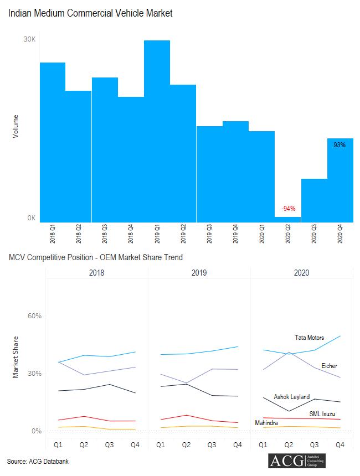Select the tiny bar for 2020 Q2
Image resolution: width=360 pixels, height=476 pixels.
pyautogui.click(x=287, y=219)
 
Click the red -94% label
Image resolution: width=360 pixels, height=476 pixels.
pyautogui.click(x=288, y=209)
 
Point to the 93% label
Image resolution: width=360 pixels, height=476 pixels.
pyautogui.click(x=340, y=145)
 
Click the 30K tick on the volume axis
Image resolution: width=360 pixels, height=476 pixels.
pyautogui.click(x=29, y=39)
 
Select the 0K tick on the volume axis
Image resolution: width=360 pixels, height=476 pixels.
pyautogui.click(x=31, y=218)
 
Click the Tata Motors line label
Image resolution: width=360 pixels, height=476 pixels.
pyautogui.click(x=309, y=338)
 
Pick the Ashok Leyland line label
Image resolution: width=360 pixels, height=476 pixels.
pyautogui.click(x=292, y=397)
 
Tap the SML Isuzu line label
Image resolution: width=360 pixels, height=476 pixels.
pyautogui.click(x=322, y=413)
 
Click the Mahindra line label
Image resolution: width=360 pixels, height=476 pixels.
pyautogui.click(x=266, y=423)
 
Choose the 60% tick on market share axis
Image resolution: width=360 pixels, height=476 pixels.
pyautogui.click(x=35, y=316)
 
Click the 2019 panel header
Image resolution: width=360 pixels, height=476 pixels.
pyautogui.click(x=199, y=273)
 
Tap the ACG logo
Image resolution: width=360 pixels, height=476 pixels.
pyautogui.click(x=296, y=461)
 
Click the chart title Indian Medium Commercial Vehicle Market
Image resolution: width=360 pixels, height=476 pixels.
pyautogui.click(x=90, y=13)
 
